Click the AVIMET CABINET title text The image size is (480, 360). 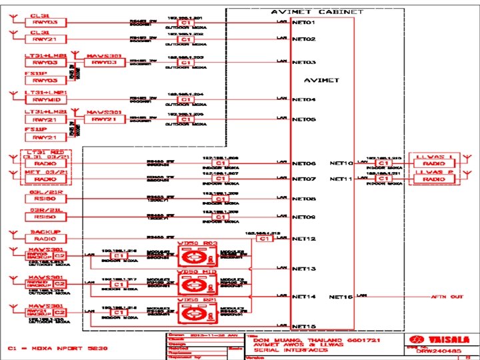(x=317, y=12)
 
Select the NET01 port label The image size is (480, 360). (x=304, y=22)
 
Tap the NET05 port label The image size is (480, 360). (x=304, y=119)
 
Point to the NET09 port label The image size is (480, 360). (x=304, y=217)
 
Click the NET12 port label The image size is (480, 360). (x=304, y=238)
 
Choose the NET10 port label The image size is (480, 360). (x=341, y=163)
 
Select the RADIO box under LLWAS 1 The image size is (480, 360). (x=434, y=163)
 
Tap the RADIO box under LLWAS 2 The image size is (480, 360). (x=434, y=179)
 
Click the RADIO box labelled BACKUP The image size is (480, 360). (x=45, y=239)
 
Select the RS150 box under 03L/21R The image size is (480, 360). (x=45, y=199)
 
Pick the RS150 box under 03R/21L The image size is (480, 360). (x=45, y=217)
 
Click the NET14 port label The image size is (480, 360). (x=304, y=296)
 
